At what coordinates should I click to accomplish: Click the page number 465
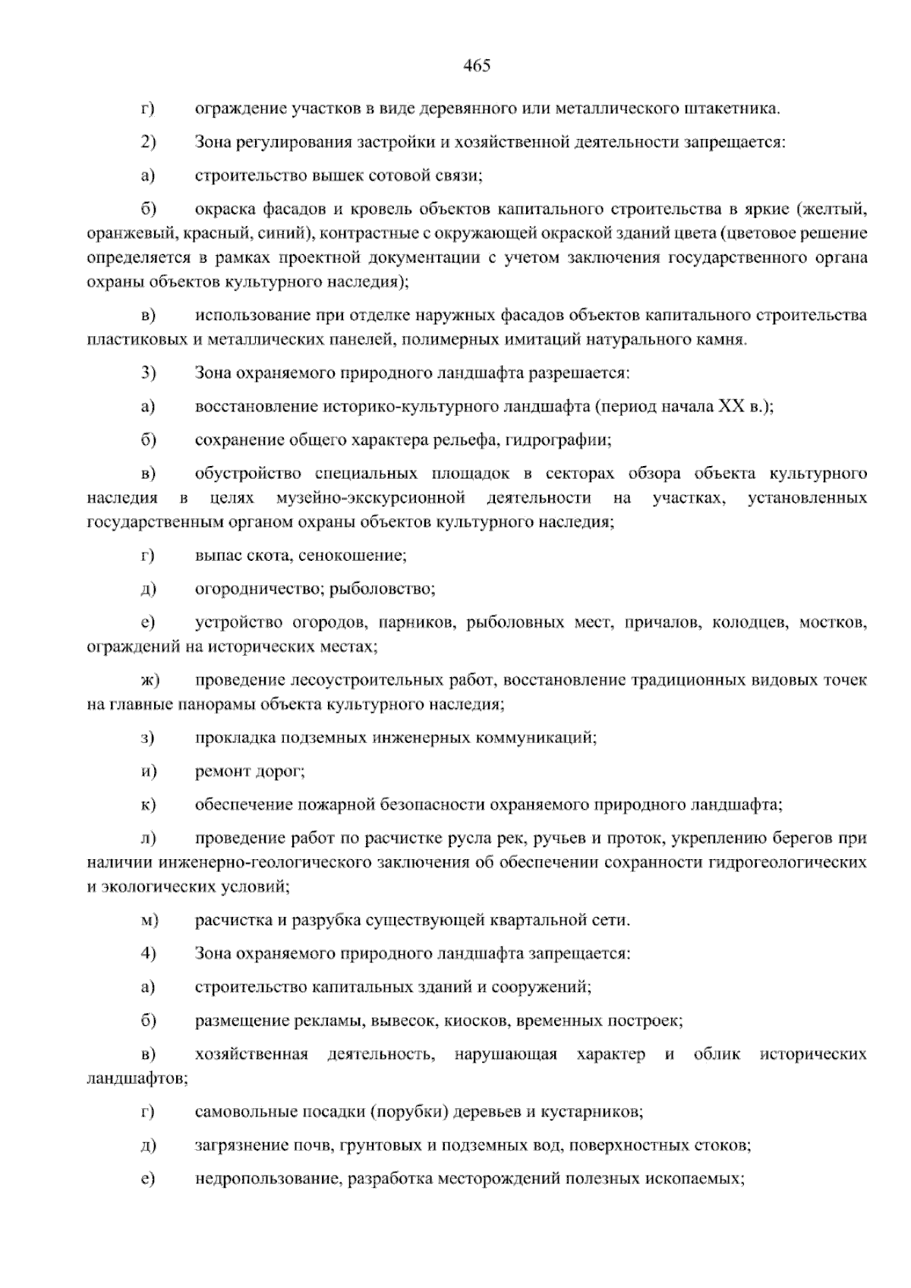click(477, 66)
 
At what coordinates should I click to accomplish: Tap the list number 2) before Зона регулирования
click(148, 142)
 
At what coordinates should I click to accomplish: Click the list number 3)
click(148, 373)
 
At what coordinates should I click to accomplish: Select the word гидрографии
click(558, 440)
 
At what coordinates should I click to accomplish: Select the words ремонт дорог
click(250, 771)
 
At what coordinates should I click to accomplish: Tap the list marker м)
click(149, 921)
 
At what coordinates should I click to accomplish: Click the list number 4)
click(148, 953)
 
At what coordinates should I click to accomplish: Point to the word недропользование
click(266, 1179)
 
